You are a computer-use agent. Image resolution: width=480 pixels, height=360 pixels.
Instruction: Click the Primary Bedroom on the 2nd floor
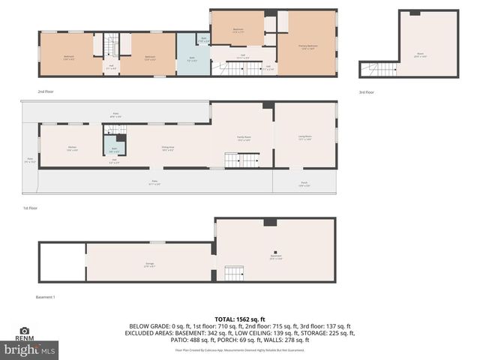point(308,46)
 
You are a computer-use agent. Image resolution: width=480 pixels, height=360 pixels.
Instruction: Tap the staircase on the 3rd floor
point(378,70)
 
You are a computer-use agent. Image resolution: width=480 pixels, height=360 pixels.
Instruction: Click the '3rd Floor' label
point(366,91)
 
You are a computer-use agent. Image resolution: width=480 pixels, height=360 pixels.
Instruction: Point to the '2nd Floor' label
point(46,91)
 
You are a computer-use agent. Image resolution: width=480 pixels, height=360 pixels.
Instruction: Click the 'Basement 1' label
point(46,297)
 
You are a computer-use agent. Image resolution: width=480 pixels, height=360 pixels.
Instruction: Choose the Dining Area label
point(167,149)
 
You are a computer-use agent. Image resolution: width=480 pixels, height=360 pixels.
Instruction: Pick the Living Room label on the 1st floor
point(304,138)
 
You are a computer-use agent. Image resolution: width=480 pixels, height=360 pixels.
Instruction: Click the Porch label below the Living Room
point(304,184)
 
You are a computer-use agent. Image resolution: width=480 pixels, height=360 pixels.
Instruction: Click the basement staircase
point(235,274)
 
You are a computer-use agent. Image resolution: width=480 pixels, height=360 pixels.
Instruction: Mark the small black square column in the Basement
point(275,252)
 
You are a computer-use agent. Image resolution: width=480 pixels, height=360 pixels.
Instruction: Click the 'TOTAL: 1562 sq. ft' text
point(240,319)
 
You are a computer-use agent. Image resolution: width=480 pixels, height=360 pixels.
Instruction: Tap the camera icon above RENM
point(25,331)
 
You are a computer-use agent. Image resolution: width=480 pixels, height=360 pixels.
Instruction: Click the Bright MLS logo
point(30,349)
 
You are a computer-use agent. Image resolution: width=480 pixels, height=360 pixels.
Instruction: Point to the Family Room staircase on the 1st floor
point(242,160)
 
